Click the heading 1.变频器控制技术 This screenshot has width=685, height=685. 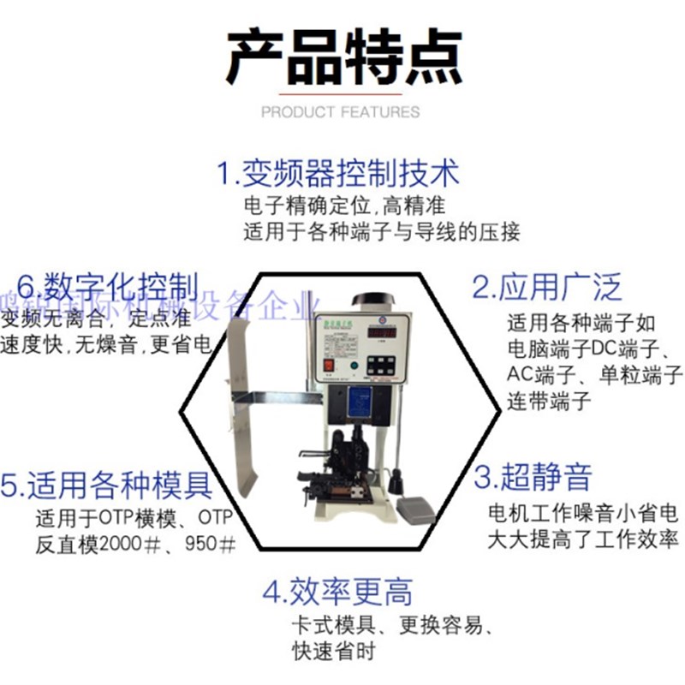click(x=338, y=173)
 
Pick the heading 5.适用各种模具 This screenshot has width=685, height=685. click(x=107, y=485)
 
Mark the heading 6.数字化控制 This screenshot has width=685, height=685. click(x=108, y=286)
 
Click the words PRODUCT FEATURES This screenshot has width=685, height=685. click(x=341, y=112)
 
